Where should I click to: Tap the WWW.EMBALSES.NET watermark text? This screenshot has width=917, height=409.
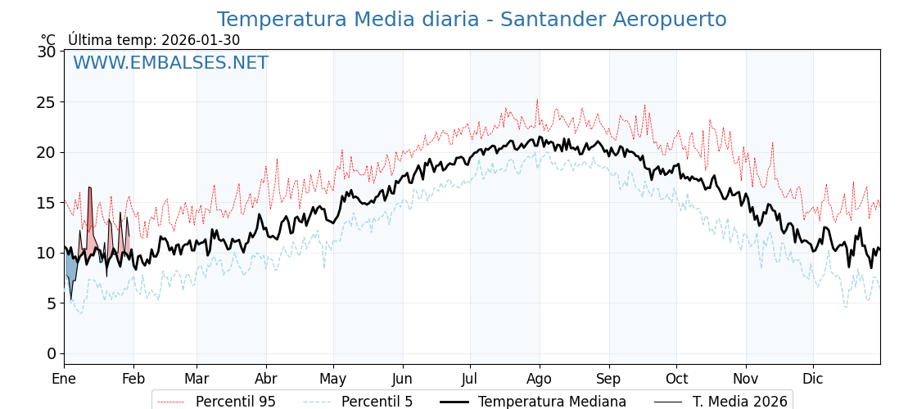pos(170,63)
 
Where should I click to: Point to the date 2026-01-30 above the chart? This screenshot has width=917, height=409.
pos(201,40)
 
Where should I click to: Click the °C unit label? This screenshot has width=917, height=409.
pos(47,40)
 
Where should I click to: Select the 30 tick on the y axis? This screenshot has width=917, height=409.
pos(47,52)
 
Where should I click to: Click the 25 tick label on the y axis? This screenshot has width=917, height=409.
pos(47,102)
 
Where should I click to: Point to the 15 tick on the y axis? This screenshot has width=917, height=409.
pos(47,203)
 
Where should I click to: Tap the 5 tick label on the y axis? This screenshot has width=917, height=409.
pos(52,303)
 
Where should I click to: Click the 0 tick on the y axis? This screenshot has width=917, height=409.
pos(52,353)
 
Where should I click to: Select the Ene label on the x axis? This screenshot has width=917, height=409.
pos(64,379)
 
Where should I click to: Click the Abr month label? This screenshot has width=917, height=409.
pos(266,379)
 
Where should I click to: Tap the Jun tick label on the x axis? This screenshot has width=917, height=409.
pos(402,379)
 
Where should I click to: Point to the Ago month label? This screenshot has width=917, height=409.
pos(539,379)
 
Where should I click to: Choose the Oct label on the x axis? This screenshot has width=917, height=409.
pos(676,379)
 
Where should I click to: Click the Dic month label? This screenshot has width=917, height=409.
pos(813,379)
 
